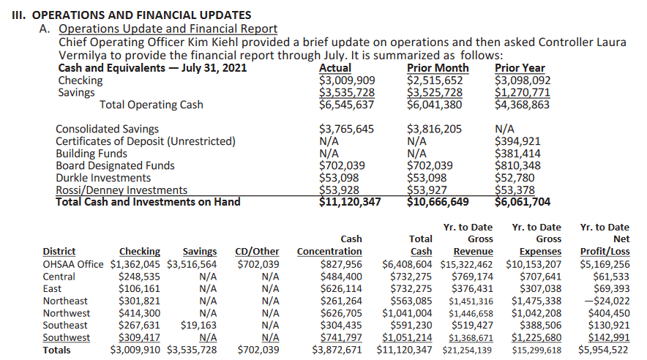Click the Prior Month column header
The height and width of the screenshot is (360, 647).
[x=438, y=68]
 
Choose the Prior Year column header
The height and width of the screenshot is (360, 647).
[x=520, y=68]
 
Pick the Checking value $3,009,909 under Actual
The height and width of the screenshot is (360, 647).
[x=347, y=80]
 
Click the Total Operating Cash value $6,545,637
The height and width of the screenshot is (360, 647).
[x=347, y=105]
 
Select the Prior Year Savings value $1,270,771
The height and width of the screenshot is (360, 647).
[x=522, y=92]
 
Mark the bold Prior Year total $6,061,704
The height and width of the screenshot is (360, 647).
[x=523, y=202]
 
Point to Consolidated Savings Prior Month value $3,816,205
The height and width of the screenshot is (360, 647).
[x=434, y=129]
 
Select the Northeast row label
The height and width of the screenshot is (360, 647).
[x=66, y=301]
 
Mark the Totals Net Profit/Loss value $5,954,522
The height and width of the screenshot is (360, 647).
[x=603, y=350]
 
